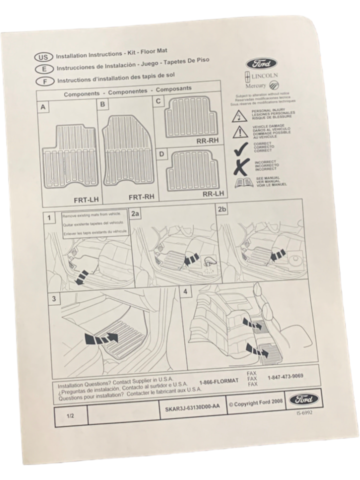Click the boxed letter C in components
(x=159, y=101)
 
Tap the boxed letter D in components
(x=161, y=154)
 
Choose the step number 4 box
(x=186, y=291)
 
